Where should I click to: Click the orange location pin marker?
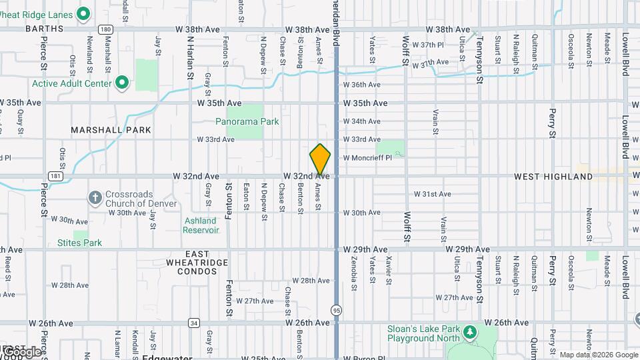[320, 160]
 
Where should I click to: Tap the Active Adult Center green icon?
[121, 83]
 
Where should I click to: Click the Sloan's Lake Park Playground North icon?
[470, 331]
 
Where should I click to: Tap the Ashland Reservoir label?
[201, 225]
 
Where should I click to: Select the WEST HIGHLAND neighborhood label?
[553, 177]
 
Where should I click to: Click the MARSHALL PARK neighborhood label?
[111, 130]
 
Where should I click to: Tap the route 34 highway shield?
[194, 323]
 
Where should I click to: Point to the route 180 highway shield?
[105, 29]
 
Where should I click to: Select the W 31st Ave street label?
[433, 194]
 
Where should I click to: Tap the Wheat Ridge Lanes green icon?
[83, 13]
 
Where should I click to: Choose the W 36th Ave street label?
[361, 85]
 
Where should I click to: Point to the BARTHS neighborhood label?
[44, 29]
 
